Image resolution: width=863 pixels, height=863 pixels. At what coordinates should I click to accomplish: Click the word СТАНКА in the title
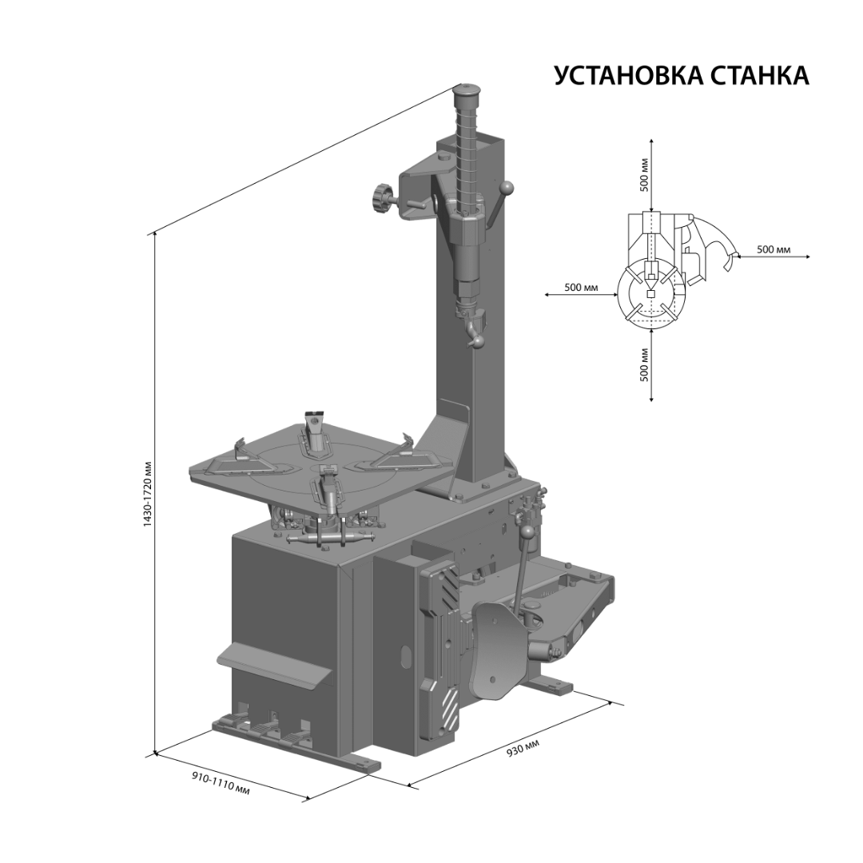point(760,75)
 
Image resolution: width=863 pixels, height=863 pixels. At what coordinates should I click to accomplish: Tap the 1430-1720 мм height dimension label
point(148,494)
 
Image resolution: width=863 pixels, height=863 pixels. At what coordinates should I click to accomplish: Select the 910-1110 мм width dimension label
point(221,782)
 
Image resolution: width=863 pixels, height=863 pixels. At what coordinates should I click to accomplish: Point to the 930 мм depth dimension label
point(523,747)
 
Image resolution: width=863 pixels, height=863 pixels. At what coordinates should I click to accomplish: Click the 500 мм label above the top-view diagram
point(645,174)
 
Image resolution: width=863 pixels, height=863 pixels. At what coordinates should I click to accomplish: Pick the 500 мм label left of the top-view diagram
point(581,288)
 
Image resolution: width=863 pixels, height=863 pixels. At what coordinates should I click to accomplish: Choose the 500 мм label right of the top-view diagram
point(774,249)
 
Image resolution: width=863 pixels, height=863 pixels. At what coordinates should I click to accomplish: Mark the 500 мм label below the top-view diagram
point(645,364)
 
